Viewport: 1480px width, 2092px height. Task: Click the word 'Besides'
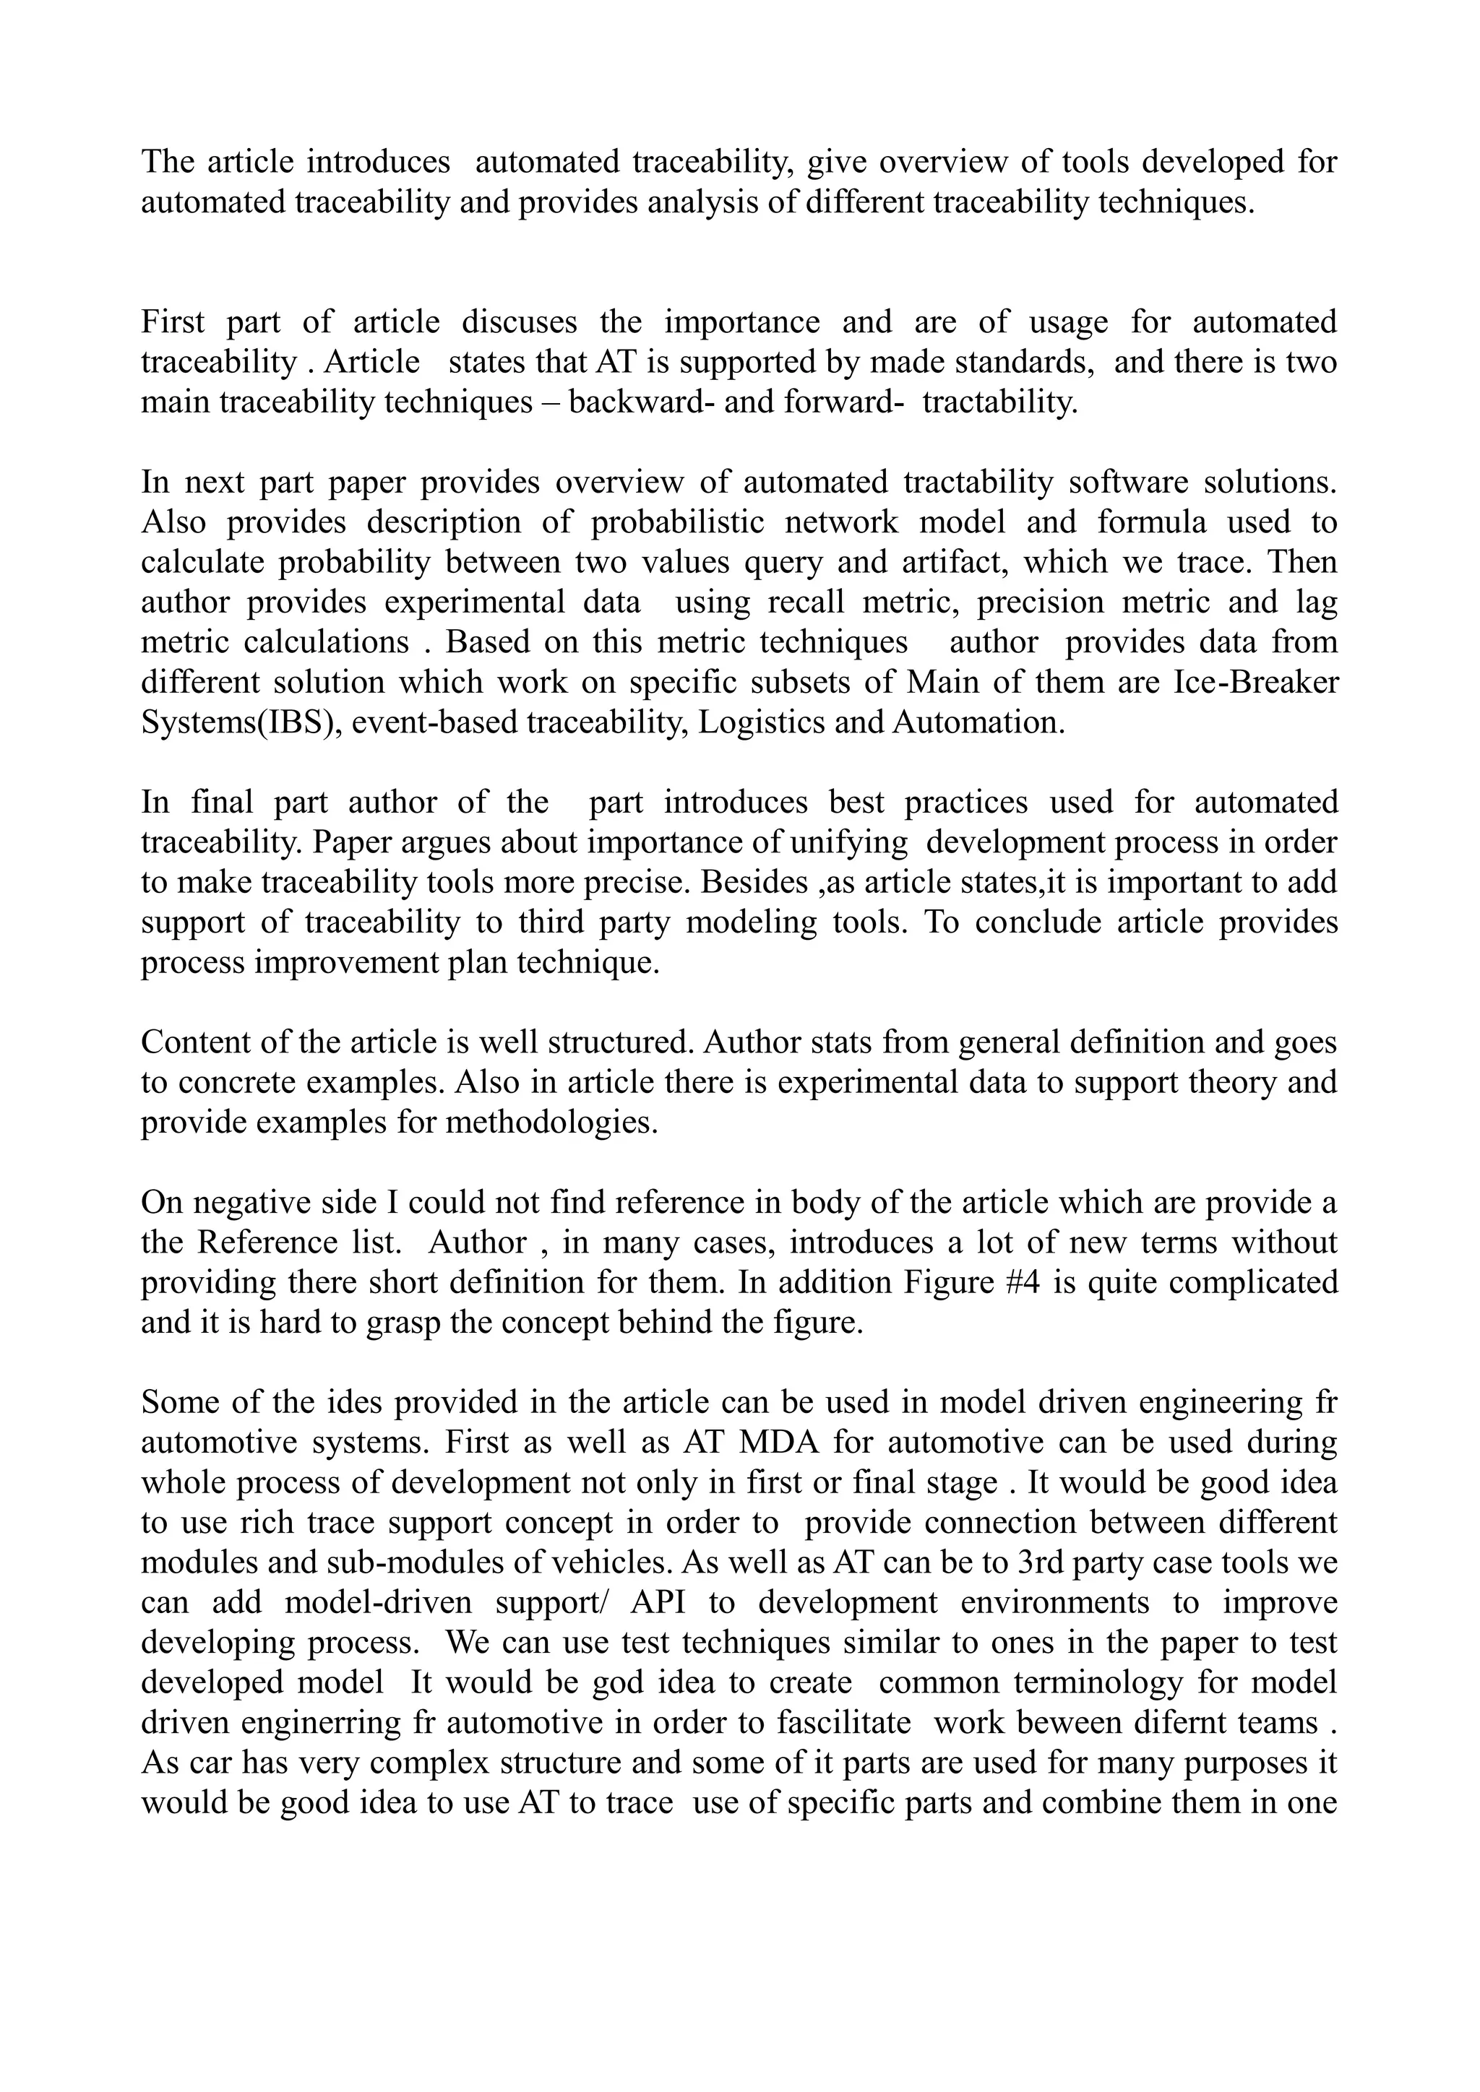pos(762,883)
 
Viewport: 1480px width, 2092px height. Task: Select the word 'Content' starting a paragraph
pos(192,1042)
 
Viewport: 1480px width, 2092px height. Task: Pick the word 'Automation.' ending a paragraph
pos(978,722)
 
